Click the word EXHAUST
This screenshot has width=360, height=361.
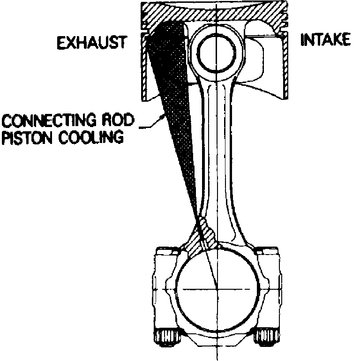click(92, 44)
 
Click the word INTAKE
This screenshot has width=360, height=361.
click(325, 40)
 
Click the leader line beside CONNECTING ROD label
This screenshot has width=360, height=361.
click(150, 124)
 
